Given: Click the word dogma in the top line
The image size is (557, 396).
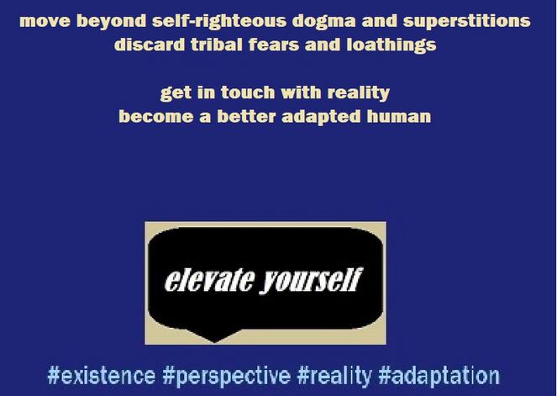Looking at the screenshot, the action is (323, 22).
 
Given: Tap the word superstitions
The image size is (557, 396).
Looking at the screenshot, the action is (466, 22).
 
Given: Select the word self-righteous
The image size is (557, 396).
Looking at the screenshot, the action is (218, 22).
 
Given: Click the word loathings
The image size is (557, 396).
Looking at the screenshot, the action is (391, 45).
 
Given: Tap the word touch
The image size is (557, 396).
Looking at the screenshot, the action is (248, 92).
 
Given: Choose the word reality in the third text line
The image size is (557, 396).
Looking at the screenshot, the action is (358, 93).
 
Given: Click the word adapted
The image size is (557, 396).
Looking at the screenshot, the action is (321, 117).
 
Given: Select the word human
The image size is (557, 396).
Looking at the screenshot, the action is (398, 117).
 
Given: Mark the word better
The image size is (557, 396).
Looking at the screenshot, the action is (246, 117).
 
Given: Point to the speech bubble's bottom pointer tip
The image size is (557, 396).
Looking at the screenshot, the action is (214, 342).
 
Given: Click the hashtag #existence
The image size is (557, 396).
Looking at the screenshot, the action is (102, 376).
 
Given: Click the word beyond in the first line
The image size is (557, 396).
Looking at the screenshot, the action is (111, 22).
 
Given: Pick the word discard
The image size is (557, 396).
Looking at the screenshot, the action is (150, 45).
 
